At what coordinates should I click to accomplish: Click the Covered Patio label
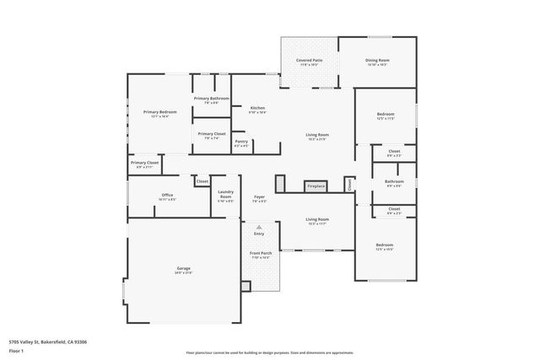tap(309, 61)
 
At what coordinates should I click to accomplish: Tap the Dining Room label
tap(377, 61)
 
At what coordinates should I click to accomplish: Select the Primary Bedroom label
tap(159, 112)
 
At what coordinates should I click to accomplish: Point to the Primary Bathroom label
tap(211, 99)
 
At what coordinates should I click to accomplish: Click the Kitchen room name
tap(257, 108)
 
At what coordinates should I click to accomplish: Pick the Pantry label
tap(241, 142)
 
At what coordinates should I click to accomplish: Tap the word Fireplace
tap(316, 185)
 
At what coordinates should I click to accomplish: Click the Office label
tap(167, 196)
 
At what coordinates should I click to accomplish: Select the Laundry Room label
tap(225, 196)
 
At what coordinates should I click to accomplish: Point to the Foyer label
tap(259, 197)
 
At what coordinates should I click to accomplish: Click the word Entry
tap(259, 234)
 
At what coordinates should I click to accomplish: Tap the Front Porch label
tap(259, 253)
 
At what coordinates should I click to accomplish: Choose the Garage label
tap(183, 269)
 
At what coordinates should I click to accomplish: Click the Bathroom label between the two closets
tap(394, 181)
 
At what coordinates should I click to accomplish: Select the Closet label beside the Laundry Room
tap(202, 181)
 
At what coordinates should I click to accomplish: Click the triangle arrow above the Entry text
tap(259, 227)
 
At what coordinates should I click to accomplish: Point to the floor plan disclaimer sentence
tap(269, 353)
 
